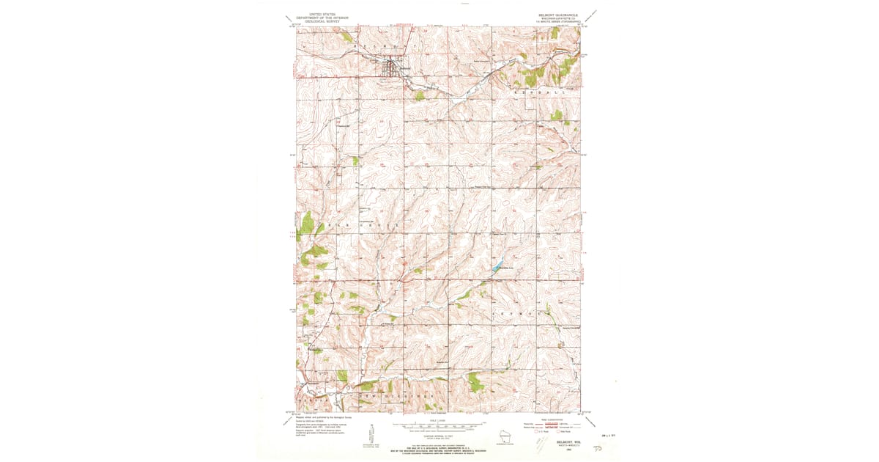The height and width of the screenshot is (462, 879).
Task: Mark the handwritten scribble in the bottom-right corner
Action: point(607,446)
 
